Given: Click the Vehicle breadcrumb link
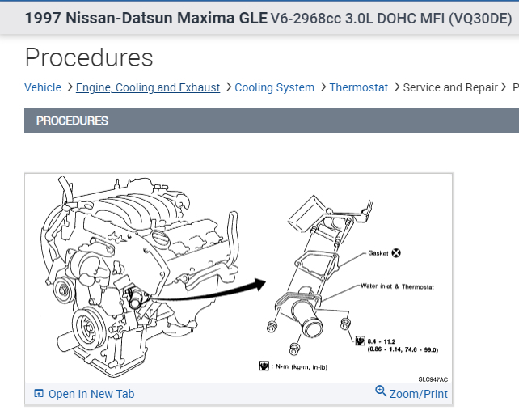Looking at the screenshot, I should tap(43, 87).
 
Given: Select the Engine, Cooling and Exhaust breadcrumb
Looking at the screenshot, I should tap(148, 87).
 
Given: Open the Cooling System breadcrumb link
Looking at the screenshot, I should tap(274, 87).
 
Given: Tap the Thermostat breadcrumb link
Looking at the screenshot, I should tap(359, 87).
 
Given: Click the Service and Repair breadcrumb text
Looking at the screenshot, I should tap(450, 87).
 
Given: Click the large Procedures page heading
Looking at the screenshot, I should tap(89, 57).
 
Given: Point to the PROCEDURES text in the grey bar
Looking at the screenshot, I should tap(72, 121).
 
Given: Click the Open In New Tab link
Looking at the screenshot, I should tap(91, 394).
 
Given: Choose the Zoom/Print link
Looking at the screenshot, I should tap(419, 394).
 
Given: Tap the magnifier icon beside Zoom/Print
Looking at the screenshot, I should tap(382, 391).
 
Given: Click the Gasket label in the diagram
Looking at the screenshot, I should tap(378, 253).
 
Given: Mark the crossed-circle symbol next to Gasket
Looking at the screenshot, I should tap(396, 253).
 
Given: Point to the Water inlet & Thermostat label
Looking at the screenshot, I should tap(397, 286).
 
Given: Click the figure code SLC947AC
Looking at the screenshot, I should tap(432, 379).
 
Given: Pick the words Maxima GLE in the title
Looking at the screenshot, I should tap(228, 18).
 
